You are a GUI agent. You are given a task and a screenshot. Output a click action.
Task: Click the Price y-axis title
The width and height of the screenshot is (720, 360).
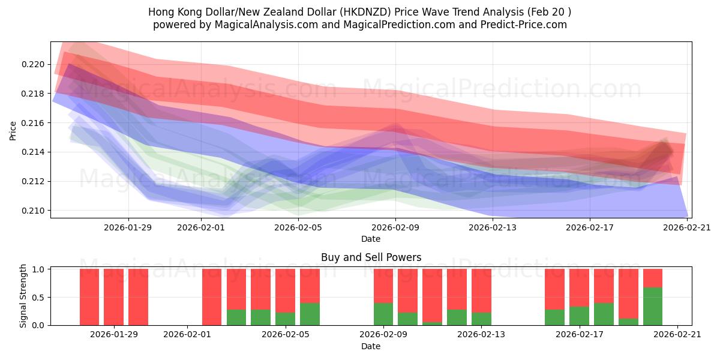point(13,131)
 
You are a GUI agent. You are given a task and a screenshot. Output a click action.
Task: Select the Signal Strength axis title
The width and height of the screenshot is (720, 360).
point(23,296)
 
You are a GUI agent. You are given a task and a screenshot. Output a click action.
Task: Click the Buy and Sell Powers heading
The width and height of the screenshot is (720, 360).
point(371,257)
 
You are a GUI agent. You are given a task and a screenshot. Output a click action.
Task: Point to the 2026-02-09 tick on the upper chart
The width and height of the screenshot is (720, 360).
point(395,227)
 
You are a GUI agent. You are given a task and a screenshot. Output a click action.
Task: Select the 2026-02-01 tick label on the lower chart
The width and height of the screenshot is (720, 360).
point(187,334)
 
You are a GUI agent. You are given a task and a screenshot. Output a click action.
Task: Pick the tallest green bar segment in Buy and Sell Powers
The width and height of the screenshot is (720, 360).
point(653,306)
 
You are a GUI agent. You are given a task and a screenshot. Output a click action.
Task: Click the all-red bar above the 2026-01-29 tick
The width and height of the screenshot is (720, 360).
point(113,297)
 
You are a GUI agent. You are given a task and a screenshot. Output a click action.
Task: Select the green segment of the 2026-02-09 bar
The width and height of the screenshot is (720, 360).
point(383,314)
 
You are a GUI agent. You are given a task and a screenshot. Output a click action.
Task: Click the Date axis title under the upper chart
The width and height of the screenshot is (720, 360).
point(371,239)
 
